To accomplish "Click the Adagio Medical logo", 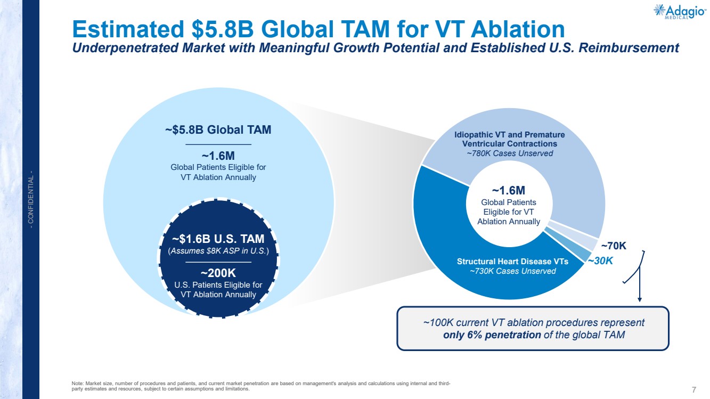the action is [x=680, y=12].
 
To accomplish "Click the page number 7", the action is [x=694, y=389].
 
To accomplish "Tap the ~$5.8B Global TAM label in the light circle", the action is [x=218, y=129].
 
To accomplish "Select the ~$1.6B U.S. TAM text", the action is [x=218, y=239].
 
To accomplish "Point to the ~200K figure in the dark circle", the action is [x=218, y=273].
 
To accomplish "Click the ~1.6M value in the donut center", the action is [x=509, y=191].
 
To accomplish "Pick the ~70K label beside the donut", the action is [x=614, y=246].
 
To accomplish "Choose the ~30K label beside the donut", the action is [x=600, y=261].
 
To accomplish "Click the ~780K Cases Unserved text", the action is [x=510, y=153].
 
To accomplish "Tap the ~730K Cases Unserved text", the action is [x=512, y=271].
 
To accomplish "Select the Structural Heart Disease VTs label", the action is [x=512, y=262].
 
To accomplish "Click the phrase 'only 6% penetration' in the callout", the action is [x=492, y=335].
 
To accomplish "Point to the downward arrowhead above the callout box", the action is [x=640, y=299].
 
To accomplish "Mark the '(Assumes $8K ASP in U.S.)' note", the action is [x=218, y=251].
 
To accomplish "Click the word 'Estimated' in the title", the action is [x=128, y=29].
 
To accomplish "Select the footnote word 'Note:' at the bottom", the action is [x=78, y=384].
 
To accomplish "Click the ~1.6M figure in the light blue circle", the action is [x=218, y=156].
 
